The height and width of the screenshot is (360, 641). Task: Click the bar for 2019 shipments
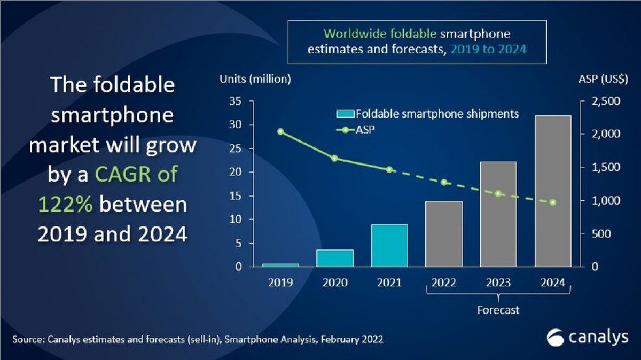(x=280, y=265)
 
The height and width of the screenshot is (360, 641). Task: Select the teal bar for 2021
(x=389, y=246)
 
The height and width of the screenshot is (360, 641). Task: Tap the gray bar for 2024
(x=553, y=191)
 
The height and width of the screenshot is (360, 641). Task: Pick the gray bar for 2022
(x=444, y=234)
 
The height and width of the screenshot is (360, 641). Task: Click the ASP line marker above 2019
(x=280, y=131)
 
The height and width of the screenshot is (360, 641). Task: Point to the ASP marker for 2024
(x=553, y=202)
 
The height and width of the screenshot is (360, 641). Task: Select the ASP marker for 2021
(x=389, y=169)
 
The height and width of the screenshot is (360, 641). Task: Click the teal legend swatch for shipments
(x=345, y=114)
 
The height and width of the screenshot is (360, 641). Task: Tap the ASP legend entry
(x=355, y=130)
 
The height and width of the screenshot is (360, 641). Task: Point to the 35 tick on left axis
(x=236, y=101)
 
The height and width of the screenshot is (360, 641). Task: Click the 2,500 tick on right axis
(x=606, y=101)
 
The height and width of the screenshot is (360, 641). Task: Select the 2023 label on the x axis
(x=498, y=283)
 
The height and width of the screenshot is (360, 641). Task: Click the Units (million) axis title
(x=255, y=79)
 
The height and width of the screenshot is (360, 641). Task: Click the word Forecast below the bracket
(x=498, y=310)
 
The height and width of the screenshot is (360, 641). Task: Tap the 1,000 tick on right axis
(x=606, y=201)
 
